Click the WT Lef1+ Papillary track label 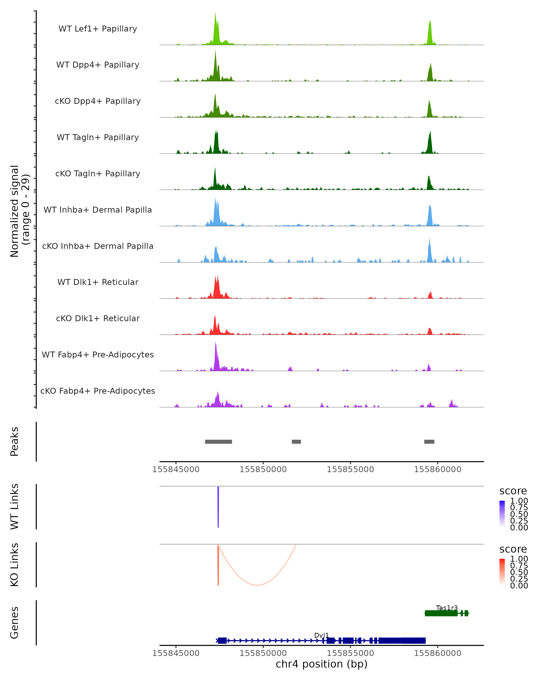[98, 29]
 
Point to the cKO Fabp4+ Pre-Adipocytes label [98, 391]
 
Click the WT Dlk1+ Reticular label [98, 282]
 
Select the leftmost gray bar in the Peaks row [219, 442]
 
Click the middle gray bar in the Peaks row [296, 442]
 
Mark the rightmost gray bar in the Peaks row [429, 442]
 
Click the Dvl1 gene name [321, 635]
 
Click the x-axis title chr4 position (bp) [321, 664]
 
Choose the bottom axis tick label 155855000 [350, 653]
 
